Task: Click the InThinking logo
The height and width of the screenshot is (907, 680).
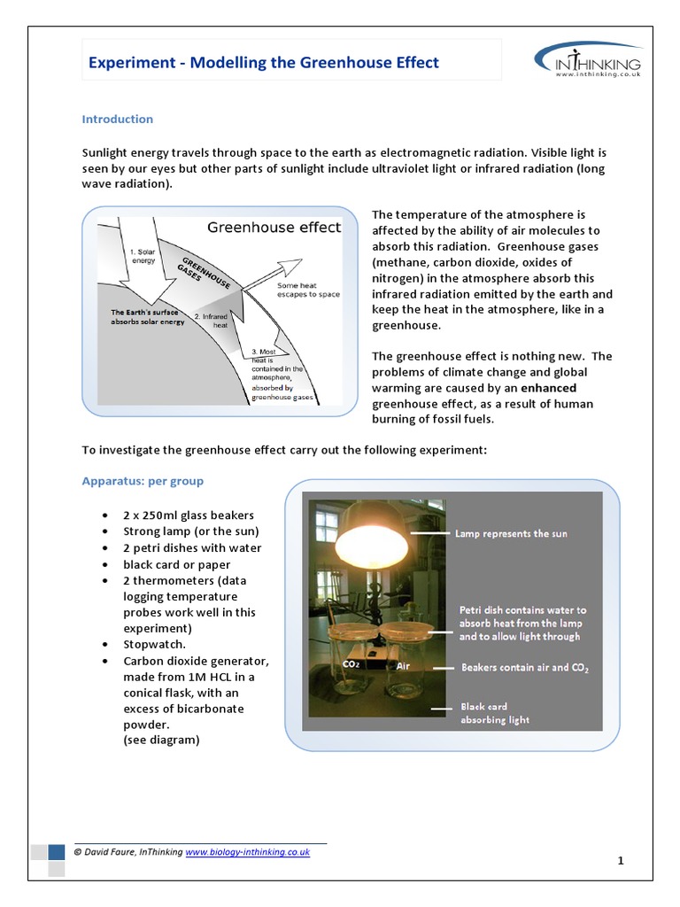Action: click(x=588, y=62)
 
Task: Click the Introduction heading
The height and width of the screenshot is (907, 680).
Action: click(x=118, y=119)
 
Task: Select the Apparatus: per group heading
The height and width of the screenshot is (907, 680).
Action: click(x=143, y=481)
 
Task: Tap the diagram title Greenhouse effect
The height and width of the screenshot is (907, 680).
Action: click(x=274, y=228)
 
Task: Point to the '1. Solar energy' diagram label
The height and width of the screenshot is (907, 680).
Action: click(x=143, y=256)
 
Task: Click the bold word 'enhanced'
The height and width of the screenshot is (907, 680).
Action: click(x=548, y=388)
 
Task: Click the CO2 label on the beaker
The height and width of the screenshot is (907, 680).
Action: click(x=351, y=663)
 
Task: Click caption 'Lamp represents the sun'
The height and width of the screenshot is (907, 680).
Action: click(x=511, y=534)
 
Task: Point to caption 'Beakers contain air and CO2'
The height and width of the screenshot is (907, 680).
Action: click(x=525, y=668)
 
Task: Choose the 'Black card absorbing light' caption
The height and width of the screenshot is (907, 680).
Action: click(x=495, y=713)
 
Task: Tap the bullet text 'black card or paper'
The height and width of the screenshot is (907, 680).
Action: click(x=177, y=564)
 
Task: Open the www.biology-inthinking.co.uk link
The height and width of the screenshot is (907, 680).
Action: click(x=247, y=851)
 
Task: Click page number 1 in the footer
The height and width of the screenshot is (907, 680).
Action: click(x=621, y=860)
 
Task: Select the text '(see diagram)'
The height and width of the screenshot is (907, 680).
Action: click(x=161, y=740)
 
